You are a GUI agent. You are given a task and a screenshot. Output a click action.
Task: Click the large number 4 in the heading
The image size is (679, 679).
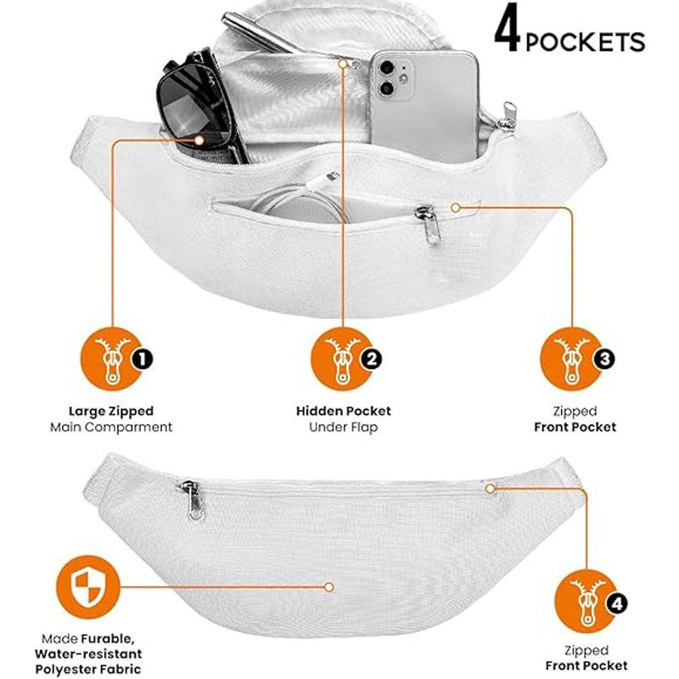[508, 29]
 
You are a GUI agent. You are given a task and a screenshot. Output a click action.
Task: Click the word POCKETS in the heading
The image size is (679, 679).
[585, 42]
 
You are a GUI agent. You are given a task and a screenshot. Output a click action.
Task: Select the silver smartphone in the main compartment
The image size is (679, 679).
[425, 106]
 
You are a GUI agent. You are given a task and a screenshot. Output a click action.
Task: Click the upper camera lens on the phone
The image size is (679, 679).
[387, 68]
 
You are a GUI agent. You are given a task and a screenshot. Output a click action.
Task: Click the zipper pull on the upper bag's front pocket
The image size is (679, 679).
[428, 222]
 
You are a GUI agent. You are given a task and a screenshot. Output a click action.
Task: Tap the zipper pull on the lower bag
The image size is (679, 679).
[194, 499]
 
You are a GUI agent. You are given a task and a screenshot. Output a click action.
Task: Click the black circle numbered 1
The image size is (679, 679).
[143, 358]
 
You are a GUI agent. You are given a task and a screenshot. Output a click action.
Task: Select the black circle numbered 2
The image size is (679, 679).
[371, 358]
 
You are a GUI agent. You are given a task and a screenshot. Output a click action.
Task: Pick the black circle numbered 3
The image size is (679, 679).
[603, 358]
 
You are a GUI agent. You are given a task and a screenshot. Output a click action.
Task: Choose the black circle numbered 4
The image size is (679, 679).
[616, 603]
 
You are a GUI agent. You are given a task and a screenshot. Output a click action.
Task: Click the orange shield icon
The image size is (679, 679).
[88, 587]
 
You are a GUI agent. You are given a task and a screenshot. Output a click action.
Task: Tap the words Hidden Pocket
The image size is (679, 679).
[344, 411]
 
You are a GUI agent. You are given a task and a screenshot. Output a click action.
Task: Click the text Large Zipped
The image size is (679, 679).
[111, 411]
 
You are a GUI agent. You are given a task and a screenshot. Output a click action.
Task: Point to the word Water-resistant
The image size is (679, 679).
[88, 654]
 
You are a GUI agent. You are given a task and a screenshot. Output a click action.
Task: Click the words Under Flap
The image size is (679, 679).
[344, 428]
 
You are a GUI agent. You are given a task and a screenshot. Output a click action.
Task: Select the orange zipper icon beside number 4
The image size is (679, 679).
[585, 602]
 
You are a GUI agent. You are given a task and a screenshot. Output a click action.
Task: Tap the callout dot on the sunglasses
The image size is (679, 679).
[199, 140]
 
